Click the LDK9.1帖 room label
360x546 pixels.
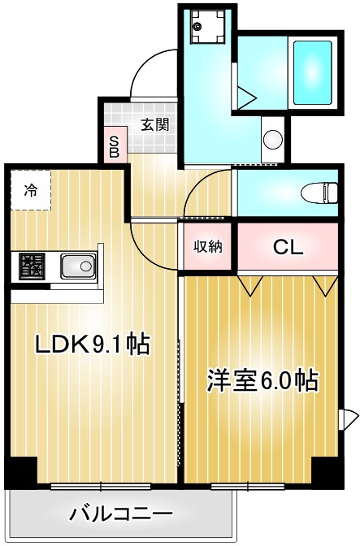[x=91, y=344]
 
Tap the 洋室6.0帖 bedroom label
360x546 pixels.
[x=262, y=381]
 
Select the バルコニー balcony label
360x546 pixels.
[x=120, y=514]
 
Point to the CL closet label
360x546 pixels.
[x=288, y=247]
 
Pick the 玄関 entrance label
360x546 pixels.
[x=154, y=124]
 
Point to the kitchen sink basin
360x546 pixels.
[x=78, y=265]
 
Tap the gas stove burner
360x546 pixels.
[x=33, y=265]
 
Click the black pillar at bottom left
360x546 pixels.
[x=20, y=470]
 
